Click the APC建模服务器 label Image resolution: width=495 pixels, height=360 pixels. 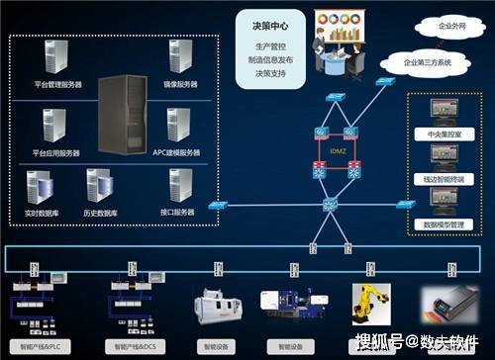point(177,152)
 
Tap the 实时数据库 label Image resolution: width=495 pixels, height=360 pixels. point(42,212)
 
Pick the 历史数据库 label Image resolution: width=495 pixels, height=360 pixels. point(101,212)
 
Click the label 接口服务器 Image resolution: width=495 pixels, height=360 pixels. point(179,212)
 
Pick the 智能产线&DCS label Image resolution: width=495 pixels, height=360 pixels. point(136,347)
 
